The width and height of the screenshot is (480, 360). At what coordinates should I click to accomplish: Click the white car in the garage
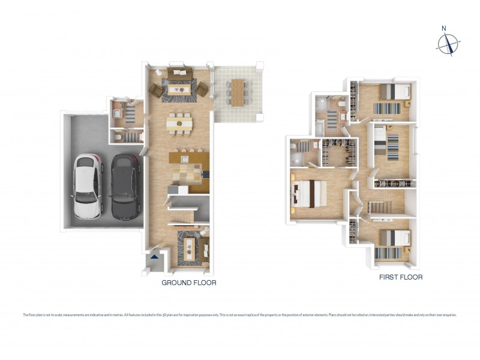pos(88,186)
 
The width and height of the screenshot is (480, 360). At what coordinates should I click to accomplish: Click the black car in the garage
pos(125,185)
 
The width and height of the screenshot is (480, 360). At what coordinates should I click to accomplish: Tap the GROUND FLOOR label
pos(189,282)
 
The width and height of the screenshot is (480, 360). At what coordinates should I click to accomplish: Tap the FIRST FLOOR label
pos(401,277)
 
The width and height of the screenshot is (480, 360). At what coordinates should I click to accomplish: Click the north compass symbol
pos(448,43)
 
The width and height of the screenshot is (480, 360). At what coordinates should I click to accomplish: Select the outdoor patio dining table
pos(238,92)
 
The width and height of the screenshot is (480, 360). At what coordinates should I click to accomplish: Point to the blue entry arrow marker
pos(155,256)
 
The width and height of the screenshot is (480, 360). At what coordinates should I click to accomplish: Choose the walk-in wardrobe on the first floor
pos(339,152)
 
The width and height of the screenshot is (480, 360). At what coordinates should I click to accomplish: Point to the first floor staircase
pos(384,208)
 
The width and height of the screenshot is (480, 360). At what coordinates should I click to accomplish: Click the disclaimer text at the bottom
pos(240,314)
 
